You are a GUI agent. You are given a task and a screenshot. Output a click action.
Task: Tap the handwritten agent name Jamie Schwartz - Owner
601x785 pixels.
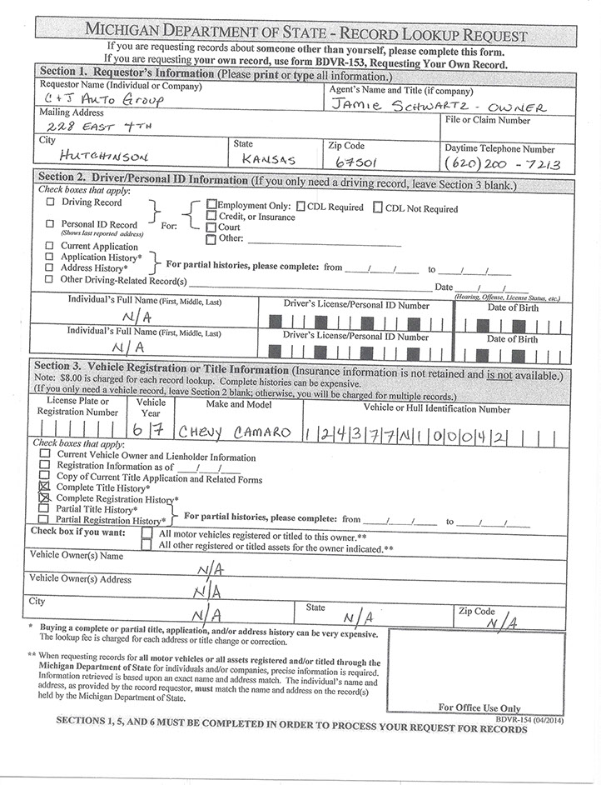437,106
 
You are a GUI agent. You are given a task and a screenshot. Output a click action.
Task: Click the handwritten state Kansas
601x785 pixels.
265,157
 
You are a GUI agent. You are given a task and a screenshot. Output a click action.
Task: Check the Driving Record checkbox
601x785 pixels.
51,202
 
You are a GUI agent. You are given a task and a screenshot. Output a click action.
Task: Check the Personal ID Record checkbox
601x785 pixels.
51,224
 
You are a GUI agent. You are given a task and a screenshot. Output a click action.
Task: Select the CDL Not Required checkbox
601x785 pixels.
378,207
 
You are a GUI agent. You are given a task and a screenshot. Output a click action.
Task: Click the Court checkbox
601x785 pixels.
211,227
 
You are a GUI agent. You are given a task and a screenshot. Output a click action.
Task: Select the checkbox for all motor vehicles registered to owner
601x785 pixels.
147,534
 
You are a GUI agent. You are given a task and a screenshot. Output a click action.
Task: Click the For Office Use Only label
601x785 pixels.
479,707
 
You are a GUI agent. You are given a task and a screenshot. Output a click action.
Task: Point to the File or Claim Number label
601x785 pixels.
488,120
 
